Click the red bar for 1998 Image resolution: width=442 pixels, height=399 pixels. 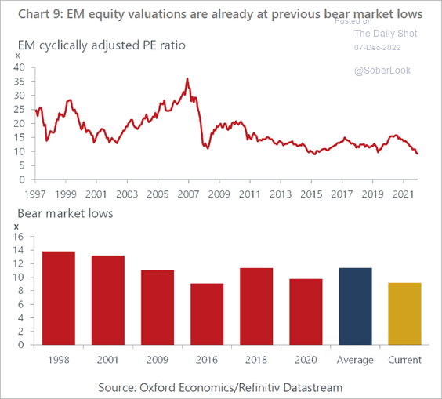click(x=59, y=298)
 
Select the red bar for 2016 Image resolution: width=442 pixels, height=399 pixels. click(x=207, y=314)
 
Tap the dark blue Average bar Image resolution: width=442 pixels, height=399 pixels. click(x=355, y=307)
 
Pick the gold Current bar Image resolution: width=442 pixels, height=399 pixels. click(x=405, y=314)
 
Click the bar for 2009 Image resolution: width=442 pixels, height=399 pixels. click(x=158, y=307)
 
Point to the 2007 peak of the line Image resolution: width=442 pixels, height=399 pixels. click(x=187, y=78)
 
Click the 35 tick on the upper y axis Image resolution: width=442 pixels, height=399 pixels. click(x=19, y=82)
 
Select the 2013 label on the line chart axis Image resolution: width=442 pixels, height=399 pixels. click(x=281, y=194)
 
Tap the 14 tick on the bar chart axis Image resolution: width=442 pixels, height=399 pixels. click(x=18, y=250)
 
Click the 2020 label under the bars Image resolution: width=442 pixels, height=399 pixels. click(x=306, y=360)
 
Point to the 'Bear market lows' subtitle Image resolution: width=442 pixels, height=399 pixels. click(x=65, y=213)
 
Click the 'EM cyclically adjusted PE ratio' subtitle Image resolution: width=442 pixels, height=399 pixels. click(x=101, y=45)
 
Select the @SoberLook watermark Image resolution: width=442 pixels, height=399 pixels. click(x=382, y=71)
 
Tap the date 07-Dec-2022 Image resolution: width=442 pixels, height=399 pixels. click(x=378, y=47)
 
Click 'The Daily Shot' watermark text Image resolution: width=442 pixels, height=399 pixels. click(x=386, y=34)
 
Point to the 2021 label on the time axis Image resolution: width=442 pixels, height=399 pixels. click(x=404, y=194)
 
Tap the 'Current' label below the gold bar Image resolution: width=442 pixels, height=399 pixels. click(x=405, y=360)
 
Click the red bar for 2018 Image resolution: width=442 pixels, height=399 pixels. click(x=256, y=307)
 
